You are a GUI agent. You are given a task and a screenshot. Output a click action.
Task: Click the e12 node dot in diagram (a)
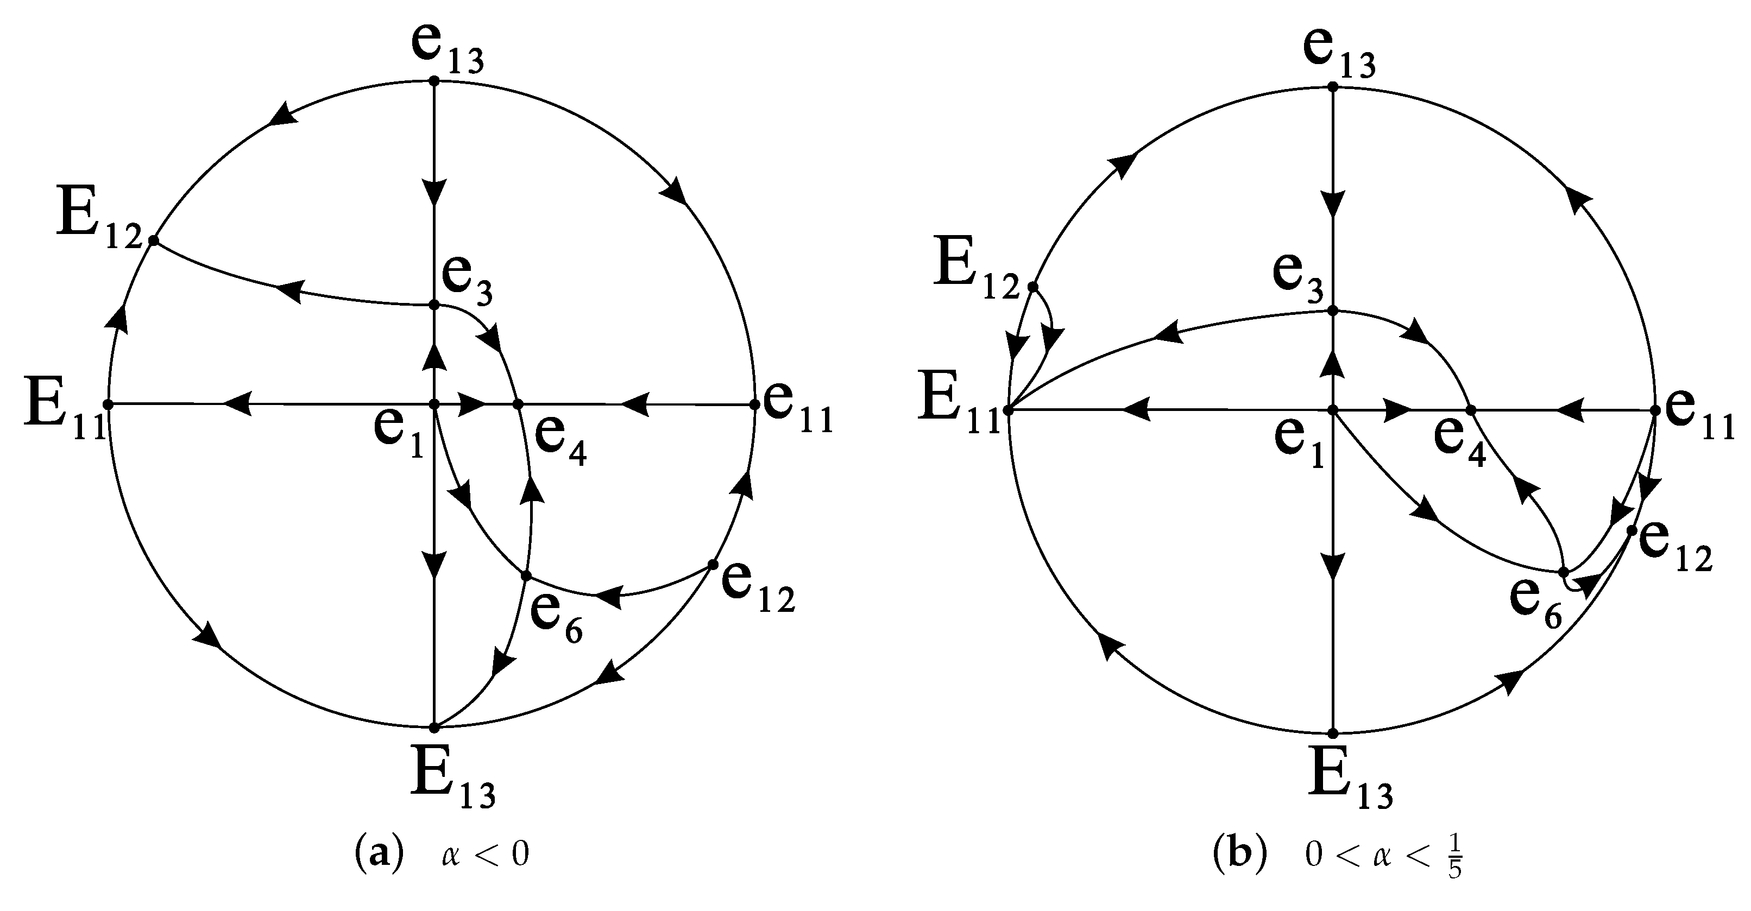click(713, 565)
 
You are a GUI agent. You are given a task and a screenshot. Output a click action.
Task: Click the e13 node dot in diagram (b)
click(1333, 87)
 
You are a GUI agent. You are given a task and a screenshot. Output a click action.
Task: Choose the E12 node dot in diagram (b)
click(1032, 287)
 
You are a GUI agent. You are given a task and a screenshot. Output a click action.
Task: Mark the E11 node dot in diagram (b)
click(1009, 410)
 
